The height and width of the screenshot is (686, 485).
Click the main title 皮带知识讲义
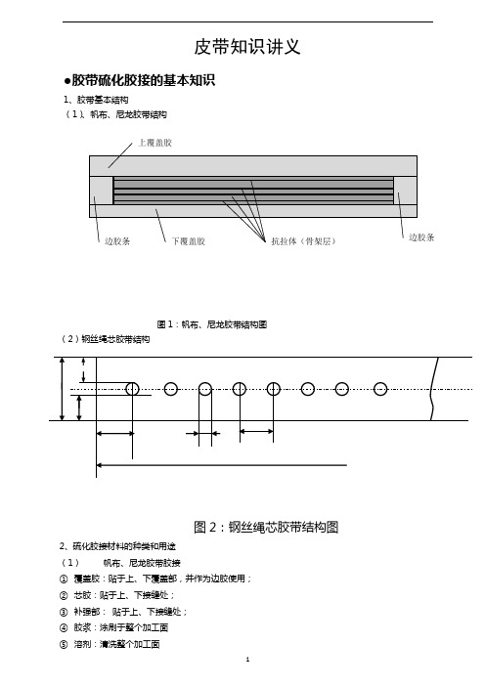[247, 47]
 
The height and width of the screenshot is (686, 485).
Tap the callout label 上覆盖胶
[155, 143]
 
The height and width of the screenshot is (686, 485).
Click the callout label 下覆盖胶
[188, 241]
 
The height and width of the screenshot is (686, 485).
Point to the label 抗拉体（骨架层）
[303, 241]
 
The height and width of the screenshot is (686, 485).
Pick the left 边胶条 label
[117, 241]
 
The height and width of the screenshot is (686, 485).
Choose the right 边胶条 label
[421, 237]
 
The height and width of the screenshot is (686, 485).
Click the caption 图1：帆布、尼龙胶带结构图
[212, 324]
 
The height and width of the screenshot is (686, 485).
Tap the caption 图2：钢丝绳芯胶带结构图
[266, 527]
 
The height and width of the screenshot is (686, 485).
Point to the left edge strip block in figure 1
[101, 191]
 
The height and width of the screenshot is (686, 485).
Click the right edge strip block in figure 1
[406, 191]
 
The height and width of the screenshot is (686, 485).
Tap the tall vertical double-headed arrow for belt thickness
[63, 389]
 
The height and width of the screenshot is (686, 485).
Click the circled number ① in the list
[64, 579]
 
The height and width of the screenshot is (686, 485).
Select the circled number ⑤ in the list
[64, 644]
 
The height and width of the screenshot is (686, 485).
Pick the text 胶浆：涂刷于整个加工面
[121, 627]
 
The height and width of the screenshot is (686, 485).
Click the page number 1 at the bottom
[247, 660]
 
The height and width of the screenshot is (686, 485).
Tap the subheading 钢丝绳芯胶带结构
[115, 339]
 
